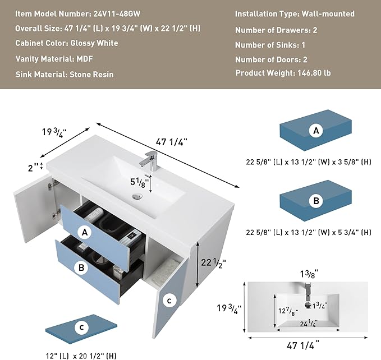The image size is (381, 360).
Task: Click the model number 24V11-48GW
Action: [117, 13]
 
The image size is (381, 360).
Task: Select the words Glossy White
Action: [94, 43]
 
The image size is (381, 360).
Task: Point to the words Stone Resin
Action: [91, 74]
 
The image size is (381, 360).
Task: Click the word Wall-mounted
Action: [328, 14]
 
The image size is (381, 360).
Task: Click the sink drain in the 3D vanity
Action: [137, 196]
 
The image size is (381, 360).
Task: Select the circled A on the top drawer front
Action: [84, 232]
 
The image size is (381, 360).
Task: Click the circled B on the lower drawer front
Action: [81, 267]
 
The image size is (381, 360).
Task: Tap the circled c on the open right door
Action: [169, 301]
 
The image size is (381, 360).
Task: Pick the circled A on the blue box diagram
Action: [316, 131]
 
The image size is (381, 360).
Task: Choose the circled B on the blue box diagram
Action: [316, 201]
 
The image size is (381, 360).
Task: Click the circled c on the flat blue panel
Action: [82, 327]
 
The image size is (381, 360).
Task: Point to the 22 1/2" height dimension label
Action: [213, 263]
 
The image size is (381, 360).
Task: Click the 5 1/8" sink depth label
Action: [137, 183]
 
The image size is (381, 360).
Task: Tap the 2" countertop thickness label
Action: [33, 168]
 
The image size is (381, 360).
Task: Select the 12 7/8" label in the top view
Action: [288, 311]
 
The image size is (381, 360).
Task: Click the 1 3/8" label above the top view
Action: [309, 274]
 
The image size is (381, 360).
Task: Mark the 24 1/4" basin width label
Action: [309, 324]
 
